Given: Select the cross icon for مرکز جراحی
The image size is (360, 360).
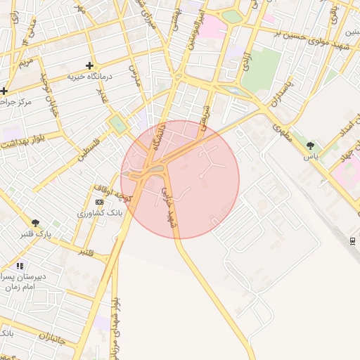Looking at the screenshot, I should [x=4, y=91].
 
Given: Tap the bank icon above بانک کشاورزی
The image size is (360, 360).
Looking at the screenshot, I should [x=99, y=202].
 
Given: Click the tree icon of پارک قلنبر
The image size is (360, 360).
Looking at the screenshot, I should [x=35, y=223].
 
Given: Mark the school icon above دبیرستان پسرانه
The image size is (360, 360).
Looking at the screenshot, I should [x=20, y=266].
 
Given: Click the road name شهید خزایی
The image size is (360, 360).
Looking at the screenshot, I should [x=169, y=206].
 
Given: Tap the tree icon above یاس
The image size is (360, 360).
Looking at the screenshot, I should [x=310, y=146].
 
